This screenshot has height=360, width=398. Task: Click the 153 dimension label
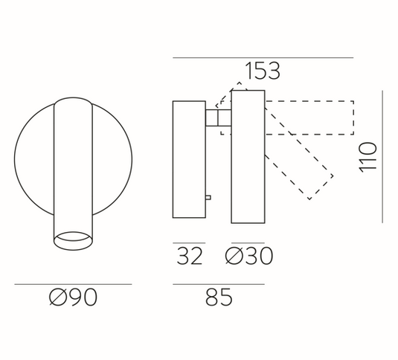(x=263, y=71)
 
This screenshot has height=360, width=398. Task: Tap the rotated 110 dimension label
(x=367, y=157)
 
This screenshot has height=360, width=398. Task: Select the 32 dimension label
(x=190, y=256)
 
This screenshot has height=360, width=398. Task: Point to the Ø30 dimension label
(x=249, y=256)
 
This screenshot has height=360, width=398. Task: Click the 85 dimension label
(x=219, y=297)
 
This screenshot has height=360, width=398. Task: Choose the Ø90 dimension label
(x=73, y=297)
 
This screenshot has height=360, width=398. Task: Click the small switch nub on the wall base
(x=208, y=197)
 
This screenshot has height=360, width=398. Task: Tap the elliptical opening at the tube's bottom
(x=73, y=240)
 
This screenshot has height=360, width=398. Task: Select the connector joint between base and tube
(x=218, y=118)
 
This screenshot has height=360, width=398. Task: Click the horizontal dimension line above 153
(x=263, y=58)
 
